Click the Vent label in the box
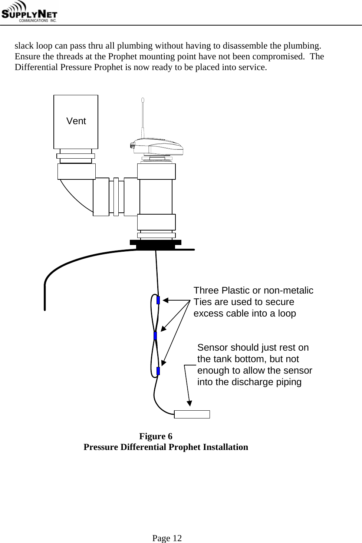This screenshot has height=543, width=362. click(76, 121)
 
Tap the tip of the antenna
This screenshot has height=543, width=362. click(142, 100)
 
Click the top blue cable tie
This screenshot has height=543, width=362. click(158, 300)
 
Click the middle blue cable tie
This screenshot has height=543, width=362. click(155, 336)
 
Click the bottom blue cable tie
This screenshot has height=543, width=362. click(158, 371)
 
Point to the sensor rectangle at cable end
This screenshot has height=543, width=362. click(192, 414)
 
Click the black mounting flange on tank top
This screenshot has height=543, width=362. click(156, 244)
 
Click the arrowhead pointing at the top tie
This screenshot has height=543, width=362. click(166, 300)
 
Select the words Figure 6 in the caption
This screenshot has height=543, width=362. click(155, 436)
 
